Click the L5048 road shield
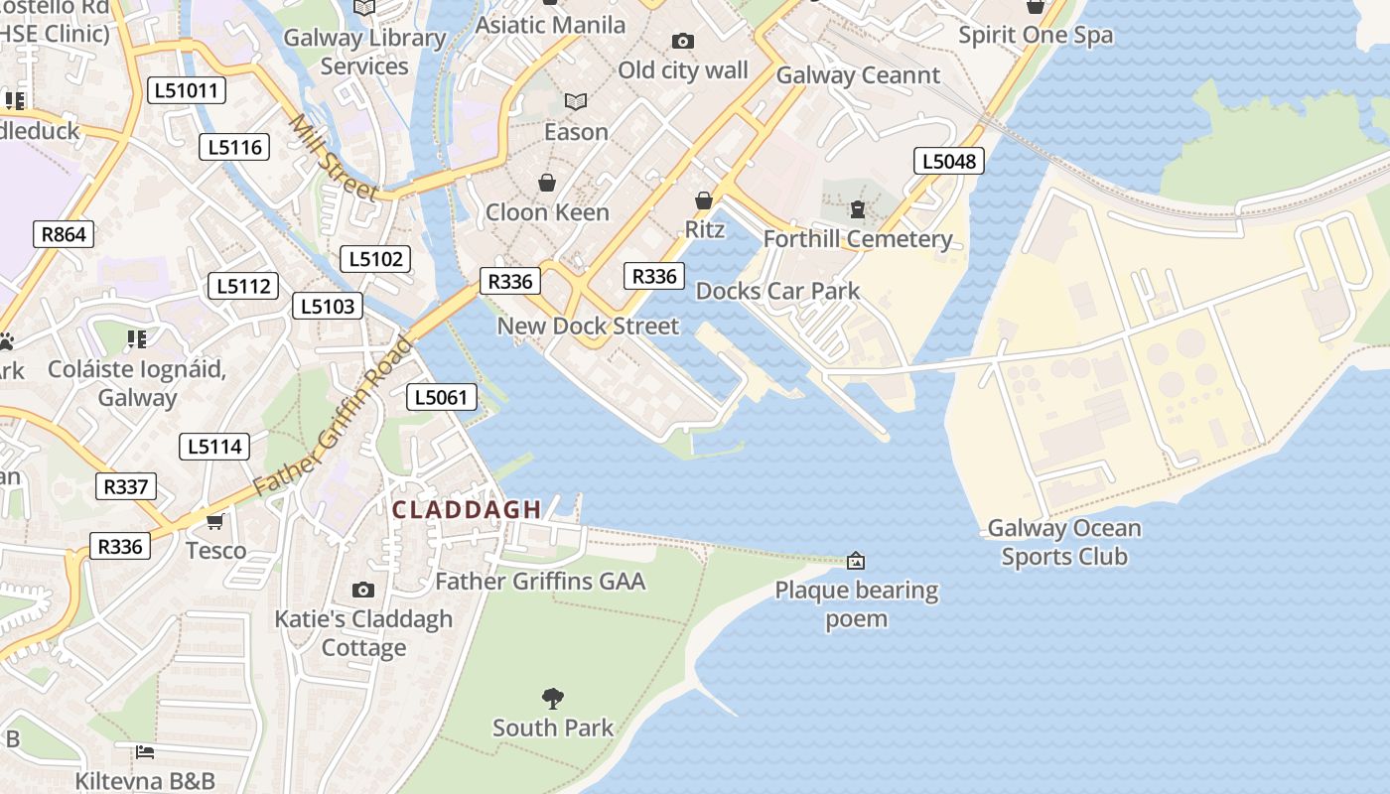coord(948,161)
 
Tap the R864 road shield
coord(64,234)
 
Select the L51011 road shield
coord(187,91)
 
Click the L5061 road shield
coord(442,398)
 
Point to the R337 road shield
coord(125,486)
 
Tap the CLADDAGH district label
coord(467,510)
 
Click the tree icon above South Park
coord(553,699)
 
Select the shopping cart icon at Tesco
coord(214,521)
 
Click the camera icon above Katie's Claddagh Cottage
coord(363,590)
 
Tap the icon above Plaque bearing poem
coord(856,561)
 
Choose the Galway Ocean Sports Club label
coord(1064,542)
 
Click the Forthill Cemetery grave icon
coord(857,209)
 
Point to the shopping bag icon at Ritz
coord(704,200)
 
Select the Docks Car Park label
coord(777,291)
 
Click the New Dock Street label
coord(588,326)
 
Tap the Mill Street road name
coord(334,157)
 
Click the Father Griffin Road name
coord(332,417)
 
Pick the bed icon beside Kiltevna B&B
coord(144,751)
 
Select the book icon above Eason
coord(576,101)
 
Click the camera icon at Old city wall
coord(682,41)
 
